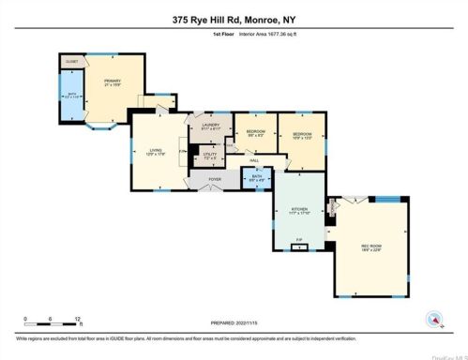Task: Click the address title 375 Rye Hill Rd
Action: click(234, 18)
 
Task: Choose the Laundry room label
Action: click(209, 128)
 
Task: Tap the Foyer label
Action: click(215, 178)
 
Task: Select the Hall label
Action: click(253, 160)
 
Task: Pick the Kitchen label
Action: click(299, 211)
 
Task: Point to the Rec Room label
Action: click(371, 247)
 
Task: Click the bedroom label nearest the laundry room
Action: click(255, 132)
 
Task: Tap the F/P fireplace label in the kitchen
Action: click(298, 240)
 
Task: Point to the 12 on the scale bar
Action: click(78, 318)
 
